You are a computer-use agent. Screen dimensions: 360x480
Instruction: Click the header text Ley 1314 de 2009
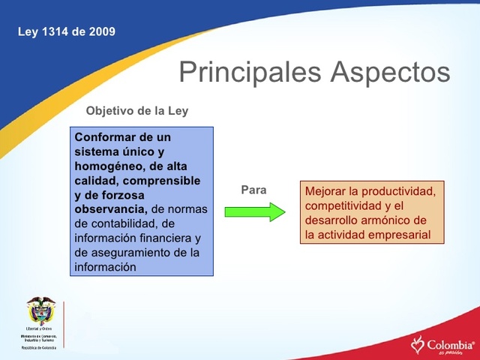point(66,31)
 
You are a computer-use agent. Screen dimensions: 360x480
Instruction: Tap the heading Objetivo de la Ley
point(137,111)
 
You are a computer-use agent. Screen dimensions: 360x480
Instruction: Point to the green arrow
point(255,212)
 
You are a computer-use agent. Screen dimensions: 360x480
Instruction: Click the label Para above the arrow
point(253,190)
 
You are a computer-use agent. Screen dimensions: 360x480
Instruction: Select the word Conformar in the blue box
point(105,137)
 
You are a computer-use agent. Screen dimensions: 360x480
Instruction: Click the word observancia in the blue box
point(109,208)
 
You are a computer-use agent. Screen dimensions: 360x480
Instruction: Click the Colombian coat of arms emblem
point(41,310)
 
